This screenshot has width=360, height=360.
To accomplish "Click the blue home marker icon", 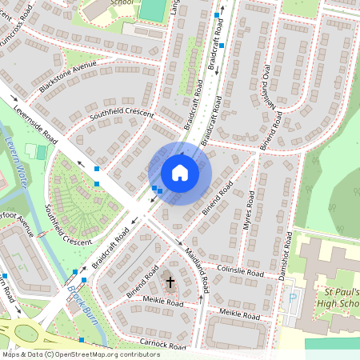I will (x=180, y=173).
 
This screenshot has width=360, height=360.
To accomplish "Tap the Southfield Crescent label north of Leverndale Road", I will (x=122, y=114).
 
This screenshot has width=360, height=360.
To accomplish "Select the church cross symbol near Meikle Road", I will (x=170, y=282).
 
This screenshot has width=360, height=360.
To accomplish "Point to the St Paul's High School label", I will (x=333, y=296).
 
